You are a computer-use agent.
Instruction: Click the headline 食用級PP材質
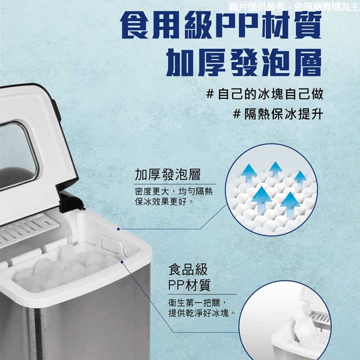tap(221, 26)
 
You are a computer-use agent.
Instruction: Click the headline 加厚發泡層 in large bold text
tap(244, 62)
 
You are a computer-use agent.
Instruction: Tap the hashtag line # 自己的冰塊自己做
tap(264, 94)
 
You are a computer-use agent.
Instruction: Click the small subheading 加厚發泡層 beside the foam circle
tap(167, 175)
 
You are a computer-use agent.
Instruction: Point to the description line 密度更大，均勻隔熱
tap(174, 192)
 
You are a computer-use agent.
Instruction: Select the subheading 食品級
tap(188, 270)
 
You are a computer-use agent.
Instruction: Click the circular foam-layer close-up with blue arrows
tap(271, 189)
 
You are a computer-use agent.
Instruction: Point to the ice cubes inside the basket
tap(63, 268)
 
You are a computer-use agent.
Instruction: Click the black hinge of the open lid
tap(71, 201)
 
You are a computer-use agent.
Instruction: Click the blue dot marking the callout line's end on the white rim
tap(118, 229)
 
